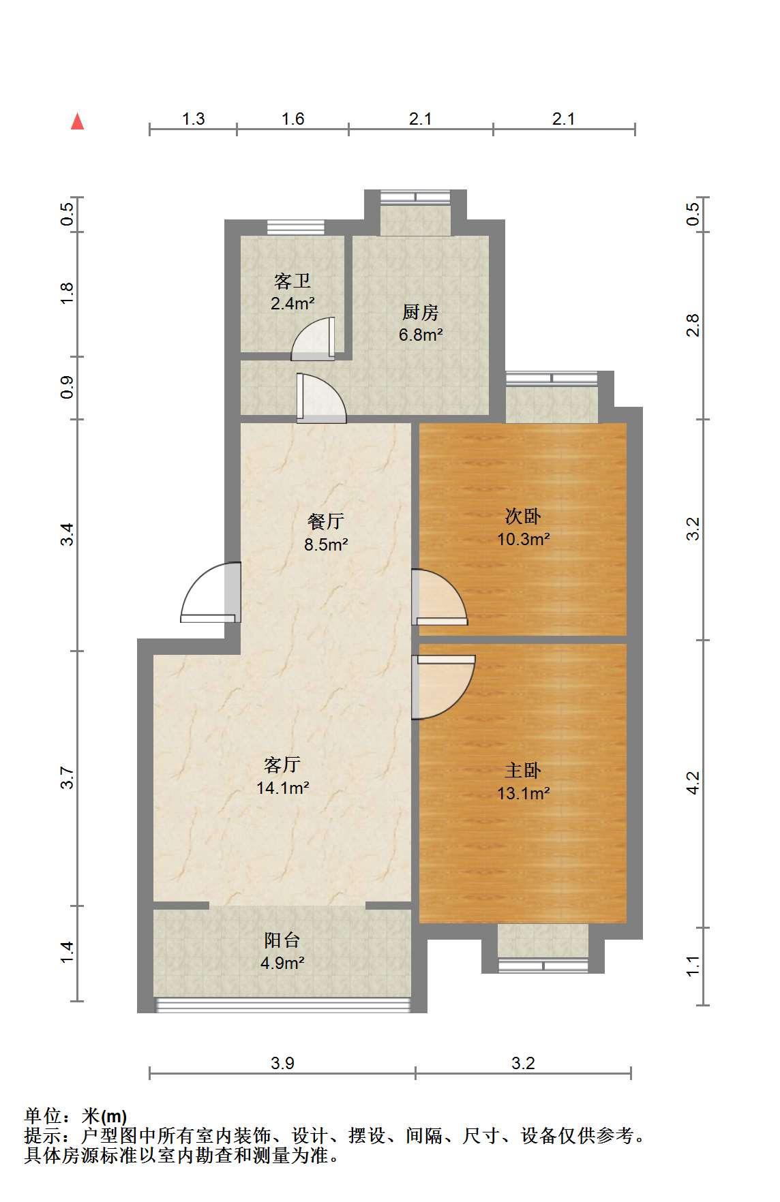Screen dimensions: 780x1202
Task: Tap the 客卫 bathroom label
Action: pyautogui.click(x=292, y=280)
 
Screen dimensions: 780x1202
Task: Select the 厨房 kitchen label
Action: pyautogui.click(x=420, y=312)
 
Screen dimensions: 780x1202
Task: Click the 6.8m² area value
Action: pyautogui.click(x=421, y=335)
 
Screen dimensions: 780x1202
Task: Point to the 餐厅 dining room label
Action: pyautogui.click(x=326, y=521)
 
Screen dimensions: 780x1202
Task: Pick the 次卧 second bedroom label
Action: pyautogui.click(x=523, y=516)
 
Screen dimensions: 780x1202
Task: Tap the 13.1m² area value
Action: pyautogui.click(x=524, y=793)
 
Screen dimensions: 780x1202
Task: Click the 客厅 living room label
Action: pyautogui.click(x=282, y=765)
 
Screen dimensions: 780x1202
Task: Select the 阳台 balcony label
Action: pyautogui.click(x=282, y=940)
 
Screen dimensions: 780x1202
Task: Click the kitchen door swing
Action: pyautogui.click(x=322, y=397)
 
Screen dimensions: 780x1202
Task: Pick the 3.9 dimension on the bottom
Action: pyautogui.click(x=282, y=1062)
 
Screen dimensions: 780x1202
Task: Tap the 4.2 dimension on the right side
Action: pyautogui.click(x=693, y=782)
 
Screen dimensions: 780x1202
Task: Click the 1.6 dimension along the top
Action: pyautogui.click(x=292, y=119)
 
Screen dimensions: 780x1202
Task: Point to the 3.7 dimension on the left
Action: pyautogui.click(x=66, y=777)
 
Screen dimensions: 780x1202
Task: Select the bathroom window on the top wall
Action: pyautogui.click(x=296, y=228)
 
